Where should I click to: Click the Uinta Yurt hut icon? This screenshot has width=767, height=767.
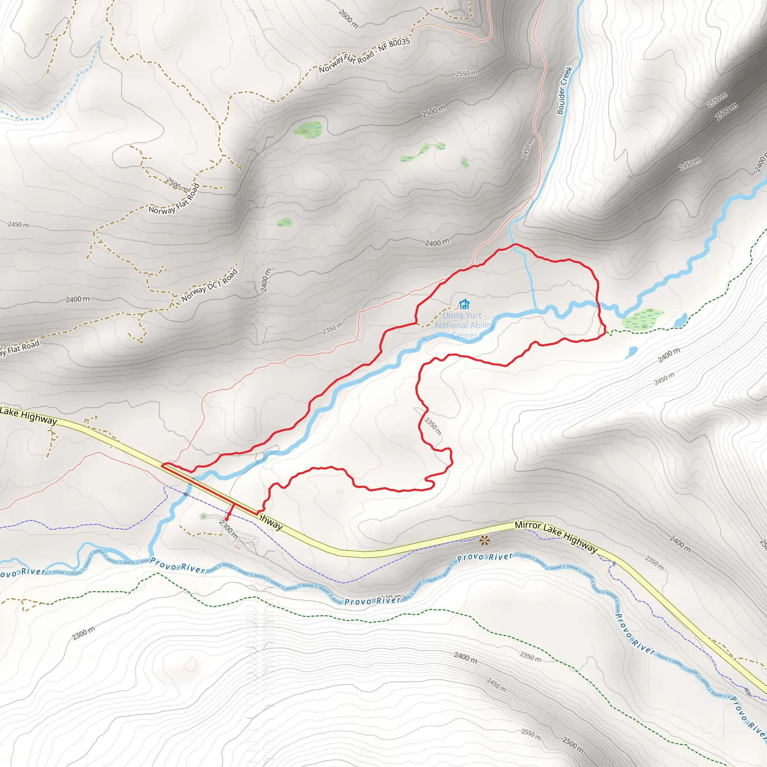tap(464, 304)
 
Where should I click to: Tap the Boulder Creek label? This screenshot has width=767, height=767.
tap(564, 91)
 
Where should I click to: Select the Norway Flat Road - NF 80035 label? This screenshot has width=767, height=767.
tap(364, 55)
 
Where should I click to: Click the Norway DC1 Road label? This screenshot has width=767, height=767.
tap(210, 285)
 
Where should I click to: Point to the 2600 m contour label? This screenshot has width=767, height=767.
tap(348, 19)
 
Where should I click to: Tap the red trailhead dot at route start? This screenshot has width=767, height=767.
tap(226, 519)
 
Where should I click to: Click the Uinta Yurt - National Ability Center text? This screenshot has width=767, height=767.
tap(464, 325)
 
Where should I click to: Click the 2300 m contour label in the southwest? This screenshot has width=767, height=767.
tap(84, 633)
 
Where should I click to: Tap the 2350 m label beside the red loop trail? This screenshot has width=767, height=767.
tap(433, 425)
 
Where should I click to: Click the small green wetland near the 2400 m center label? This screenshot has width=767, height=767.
tap(284, 222)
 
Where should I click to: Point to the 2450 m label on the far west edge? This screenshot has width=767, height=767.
tap(18, 225)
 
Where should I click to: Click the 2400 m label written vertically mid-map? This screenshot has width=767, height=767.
tap(266, 280)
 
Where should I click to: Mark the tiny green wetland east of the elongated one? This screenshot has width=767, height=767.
tap(464, 163)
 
